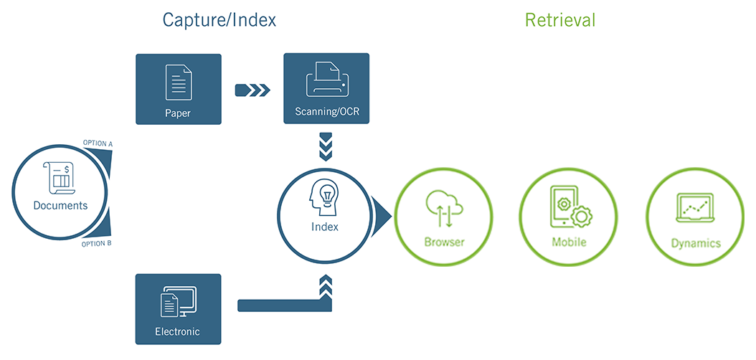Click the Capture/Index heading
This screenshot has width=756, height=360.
[x=219, y=20]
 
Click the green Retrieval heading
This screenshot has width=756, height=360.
[x=560, y=20]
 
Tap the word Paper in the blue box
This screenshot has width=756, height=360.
[x=179, y=112]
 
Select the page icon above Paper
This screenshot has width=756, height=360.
[x=179, y=82]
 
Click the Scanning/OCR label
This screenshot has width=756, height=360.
[x=327, y=112]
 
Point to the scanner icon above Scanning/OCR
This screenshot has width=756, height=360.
[x=327, y=78]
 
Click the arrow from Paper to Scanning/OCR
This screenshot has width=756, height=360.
[x=252, y=90]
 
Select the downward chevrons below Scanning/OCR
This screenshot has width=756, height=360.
[x=327, y=146]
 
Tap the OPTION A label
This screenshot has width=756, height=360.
[x=98, y=143]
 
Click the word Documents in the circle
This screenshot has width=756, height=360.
[x=60, y=206]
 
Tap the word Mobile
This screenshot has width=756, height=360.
[x=569, y=242]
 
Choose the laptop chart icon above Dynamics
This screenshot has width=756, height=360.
[x=695, y=208]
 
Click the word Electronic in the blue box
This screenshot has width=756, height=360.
[x=177, y=332]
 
